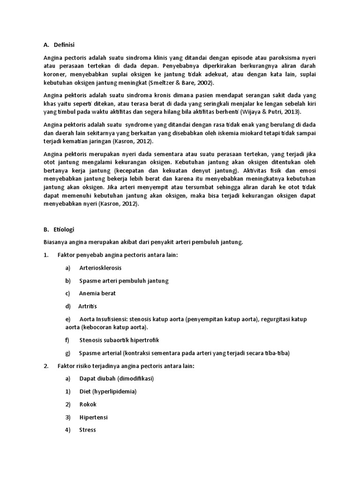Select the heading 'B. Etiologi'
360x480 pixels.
(59, 230)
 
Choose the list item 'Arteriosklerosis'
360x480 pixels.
(100, 268)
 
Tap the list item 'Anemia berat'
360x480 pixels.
(97, 293)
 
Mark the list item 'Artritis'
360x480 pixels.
(87, 306)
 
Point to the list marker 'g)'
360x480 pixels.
(68, 353)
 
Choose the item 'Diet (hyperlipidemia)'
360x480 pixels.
(108, 391)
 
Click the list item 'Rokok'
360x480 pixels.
(88, 404)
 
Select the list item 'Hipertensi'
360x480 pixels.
(93, 417)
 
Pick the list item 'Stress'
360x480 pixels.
(88, 429)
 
